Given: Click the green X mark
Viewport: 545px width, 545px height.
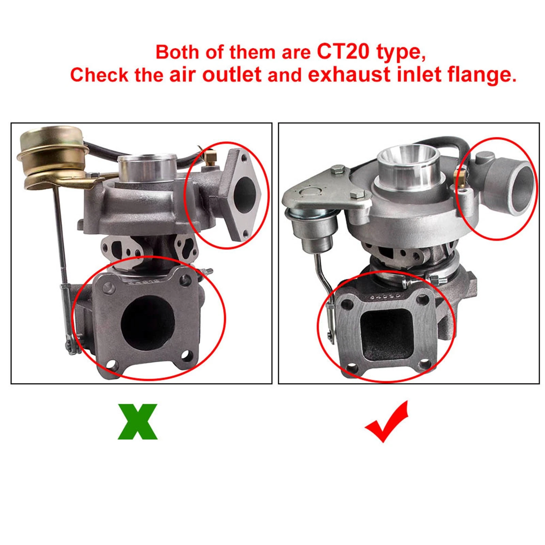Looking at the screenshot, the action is (x=138, y=421).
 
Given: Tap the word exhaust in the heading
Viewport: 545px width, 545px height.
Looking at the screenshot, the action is (x=349, y=75).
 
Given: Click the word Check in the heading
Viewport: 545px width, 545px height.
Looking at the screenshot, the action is (x=99, y=75).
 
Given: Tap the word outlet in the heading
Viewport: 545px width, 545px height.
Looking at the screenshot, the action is (x=232, y=75).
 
